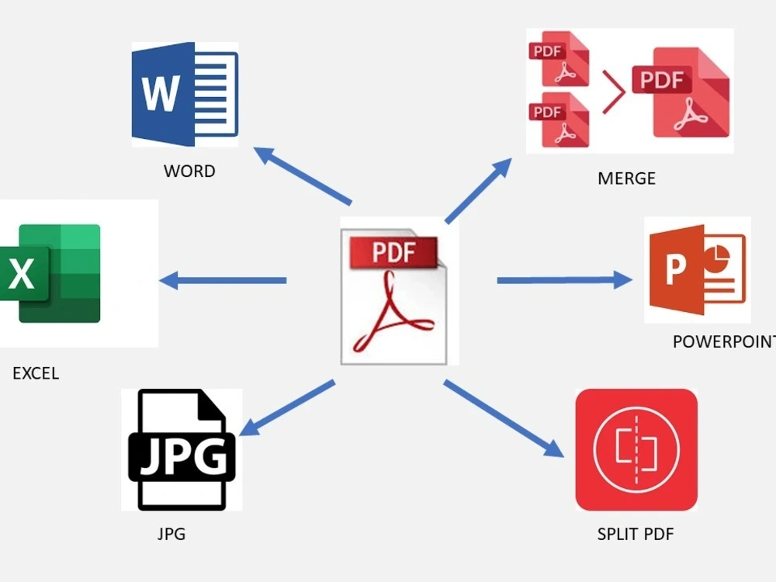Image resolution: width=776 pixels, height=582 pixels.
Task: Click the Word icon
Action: coord(185,94)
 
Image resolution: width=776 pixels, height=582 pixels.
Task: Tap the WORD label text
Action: coord(189,171)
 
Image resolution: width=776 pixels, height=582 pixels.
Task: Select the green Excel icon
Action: coord(50,273)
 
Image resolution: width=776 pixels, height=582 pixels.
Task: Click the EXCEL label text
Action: coord(36,373)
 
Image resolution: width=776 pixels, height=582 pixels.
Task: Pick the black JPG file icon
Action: coord(182,449)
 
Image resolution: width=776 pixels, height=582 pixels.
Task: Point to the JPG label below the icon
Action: coord(171,534)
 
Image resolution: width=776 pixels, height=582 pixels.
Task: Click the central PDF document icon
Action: coord(394,296)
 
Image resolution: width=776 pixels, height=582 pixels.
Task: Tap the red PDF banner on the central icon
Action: coord(394,252)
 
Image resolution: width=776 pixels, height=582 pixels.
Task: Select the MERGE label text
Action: coord(626,178)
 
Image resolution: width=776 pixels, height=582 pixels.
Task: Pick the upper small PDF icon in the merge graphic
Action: coord(559,59)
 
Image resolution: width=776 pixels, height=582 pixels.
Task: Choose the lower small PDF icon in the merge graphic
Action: coord(559,120)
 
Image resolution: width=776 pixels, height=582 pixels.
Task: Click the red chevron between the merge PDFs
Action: coord(614,92)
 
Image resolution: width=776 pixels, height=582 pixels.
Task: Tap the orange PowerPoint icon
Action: coord(698,270)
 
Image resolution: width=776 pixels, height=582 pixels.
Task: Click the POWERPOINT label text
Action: coord(724,341)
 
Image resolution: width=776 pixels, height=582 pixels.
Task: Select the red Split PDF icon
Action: coord(636,449)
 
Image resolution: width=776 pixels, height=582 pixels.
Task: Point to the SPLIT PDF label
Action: coord(636,534)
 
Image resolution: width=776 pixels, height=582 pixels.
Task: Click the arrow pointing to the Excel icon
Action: coord(223,281)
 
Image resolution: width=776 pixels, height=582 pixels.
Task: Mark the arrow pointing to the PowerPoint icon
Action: coord(564,280)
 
